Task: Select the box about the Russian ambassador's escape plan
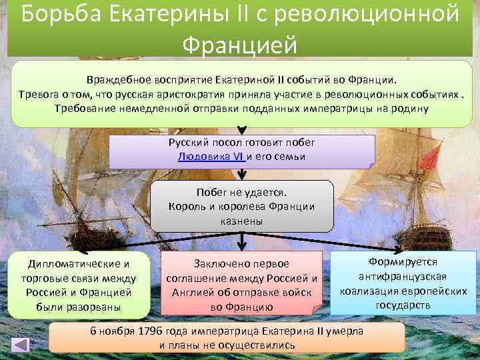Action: pyautogui.click(x=241, y=151)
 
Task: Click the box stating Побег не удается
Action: pyautogui.click(x=241, y=205)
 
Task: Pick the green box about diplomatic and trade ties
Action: pyautogui.click(x=79, y=283)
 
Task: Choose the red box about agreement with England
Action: pyautogui.click(x=241, y=283)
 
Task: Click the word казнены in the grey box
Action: pyautogui.click(x=241, y=220)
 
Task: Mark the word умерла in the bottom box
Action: pyautogui.click(x=345, y=331)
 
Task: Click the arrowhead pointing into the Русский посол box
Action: pyautogui.click(x=241, y=131)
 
